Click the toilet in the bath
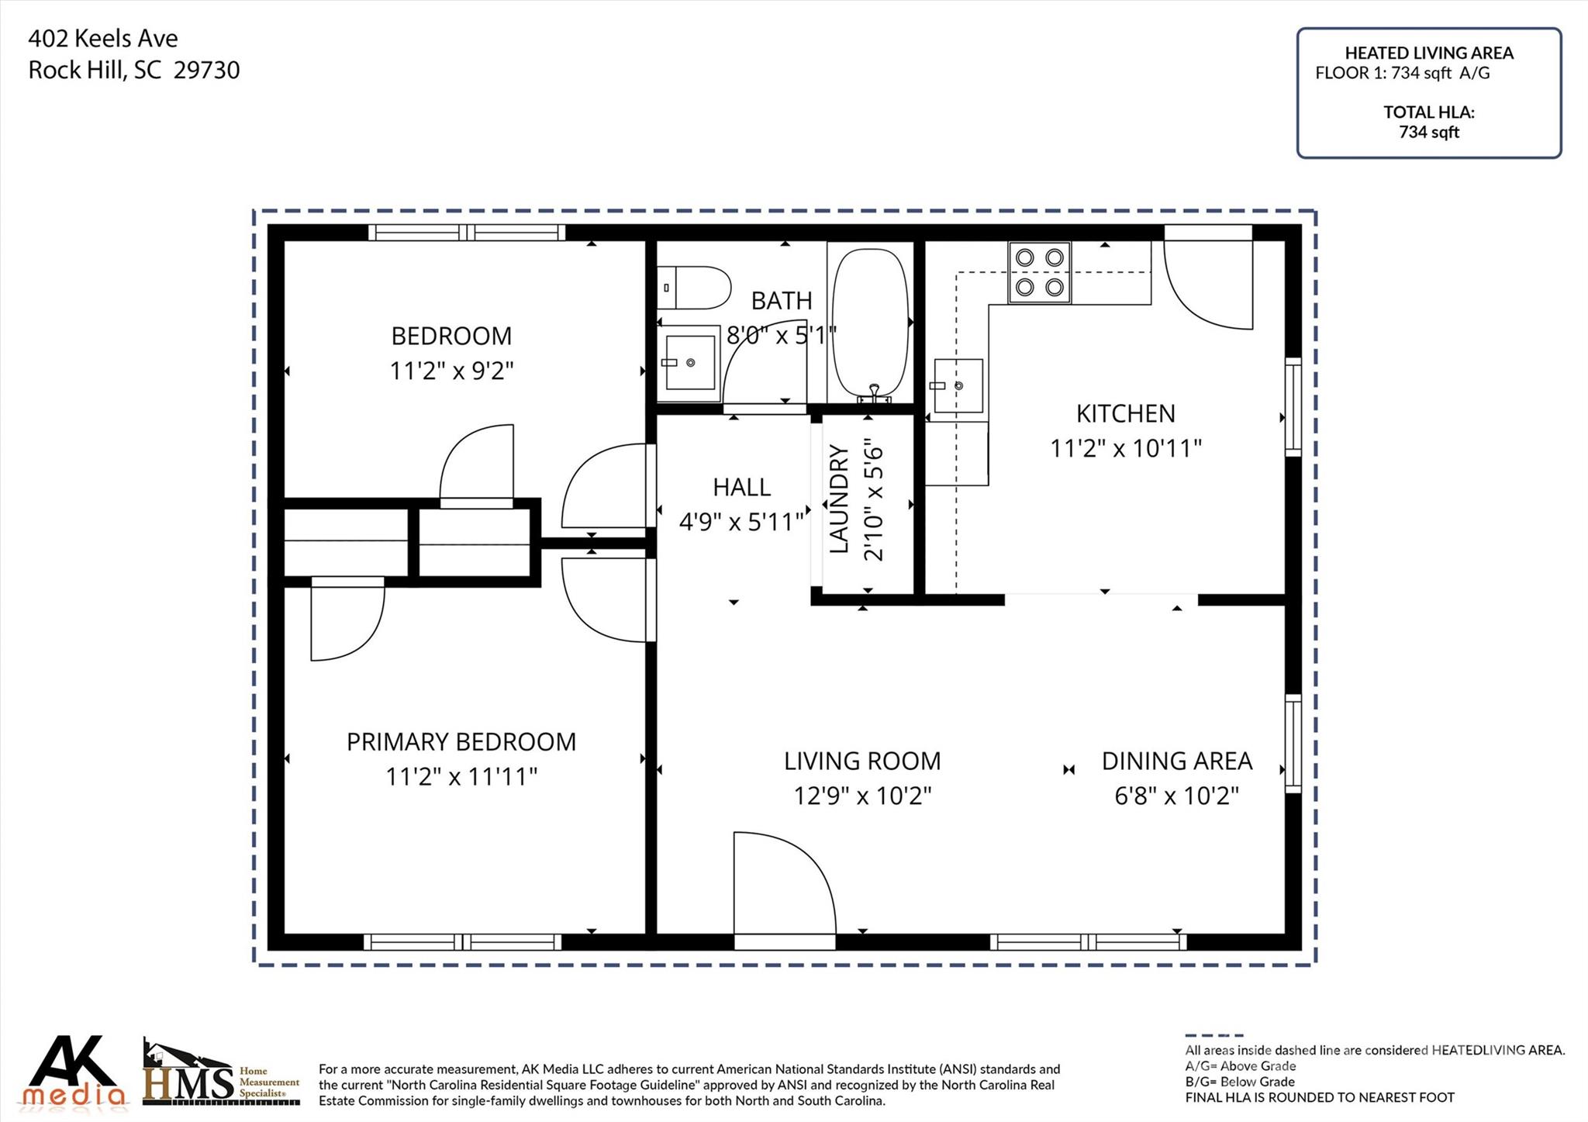694,287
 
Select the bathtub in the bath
870,323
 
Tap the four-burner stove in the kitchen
1039,272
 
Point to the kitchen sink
958,385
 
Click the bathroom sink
689,362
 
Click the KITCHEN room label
1125,413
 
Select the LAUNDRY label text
840,499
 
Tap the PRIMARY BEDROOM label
461,742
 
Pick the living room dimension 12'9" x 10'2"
862,796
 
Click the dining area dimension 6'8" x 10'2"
1177,796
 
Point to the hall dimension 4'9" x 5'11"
741,522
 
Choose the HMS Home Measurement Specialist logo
222,1072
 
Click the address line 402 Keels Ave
103,38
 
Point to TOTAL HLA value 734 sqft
1429,133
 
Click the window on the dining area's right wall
1293,744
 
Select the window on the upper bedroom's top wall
467,232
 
